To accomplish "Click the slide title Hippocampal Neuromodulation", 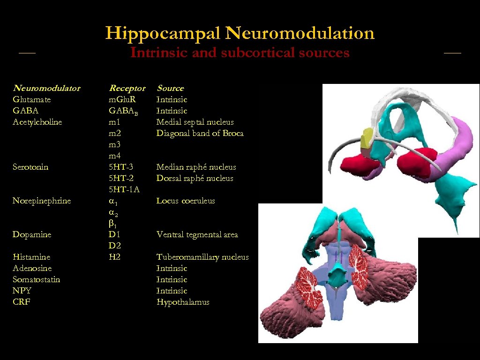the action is (x=240, y=33).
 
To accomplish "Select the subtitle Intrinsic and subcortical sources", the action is (x=240, y=52).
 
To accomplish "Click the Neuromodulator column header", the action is (x=46, y=88).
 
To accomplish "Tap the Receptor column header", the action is (x=127, y=88).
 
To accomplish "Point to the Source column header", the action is (x=170, y=88).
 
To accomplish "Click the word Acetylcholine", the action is (x=37, y=122).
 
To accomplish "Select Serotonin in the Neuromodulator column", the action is (x=30, y=167).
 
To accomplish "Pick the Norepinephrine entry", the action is (x=42, y=201).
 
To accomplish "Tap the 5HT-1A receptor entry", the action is (x=124, y=189).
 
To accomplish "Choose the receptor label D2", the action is (x=115, y=246).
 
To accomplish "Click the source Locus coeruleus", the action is (x=186, y=201).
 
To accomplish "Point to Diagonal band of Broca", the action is (x=200, y=133).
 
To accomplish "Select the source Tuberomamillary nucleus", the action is (x=202, y=257).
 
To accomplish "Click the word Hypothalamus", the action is (x=183, y=302).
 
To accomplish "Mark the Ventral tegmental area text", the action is (x=197, y=234).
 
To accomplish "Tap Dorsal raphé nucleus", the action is (x=195, y=178).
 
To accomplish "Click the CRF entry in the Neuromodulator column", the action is (x=22, y=302).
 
